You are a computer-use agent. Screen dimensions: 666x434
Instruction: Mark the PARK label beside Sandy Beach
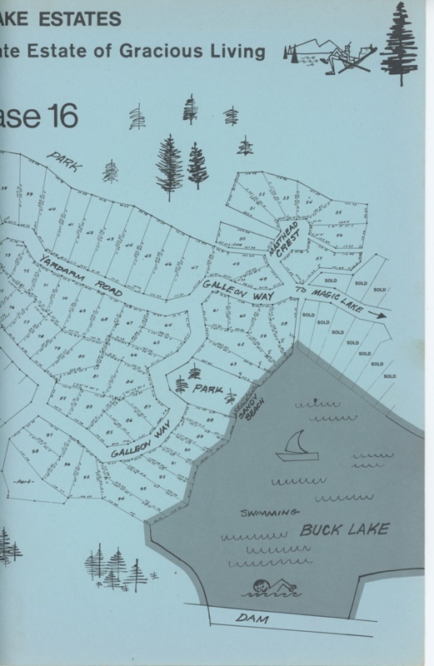[x=207, y=389]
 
